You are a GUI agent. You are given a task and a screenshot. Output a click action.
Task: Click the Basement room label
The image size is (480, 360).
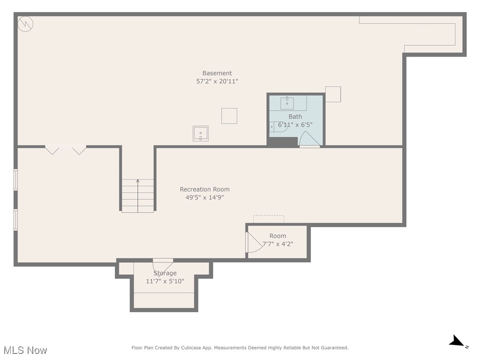point(217,73)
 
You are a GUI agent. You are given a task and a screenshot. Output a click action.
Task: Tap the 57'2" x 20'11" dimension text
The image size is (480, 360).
point(217,82)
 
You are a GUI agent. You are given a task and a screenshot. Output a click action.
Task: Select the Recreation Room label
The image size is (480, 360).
point(205,189)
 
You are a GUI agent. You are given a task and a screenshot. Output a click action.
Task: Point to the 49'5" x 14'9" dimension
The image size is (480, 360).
point(205,198)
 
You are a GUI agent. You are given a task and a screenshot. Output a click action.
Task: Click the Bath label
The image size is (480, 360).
point(295,117)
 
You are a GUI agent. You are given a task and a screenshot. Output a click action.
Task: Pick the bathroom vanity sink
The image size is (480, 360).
point(287,103)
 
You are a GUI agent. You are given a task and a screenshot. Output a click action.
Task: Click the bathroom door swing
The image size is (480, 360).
point(308,140)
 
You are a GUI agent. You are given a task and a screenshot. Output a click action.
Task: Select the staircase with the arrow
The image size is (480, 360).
point(138,195)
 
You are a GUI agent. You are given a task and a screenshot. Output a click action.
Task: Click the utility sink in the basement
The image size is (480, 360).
point(201,133)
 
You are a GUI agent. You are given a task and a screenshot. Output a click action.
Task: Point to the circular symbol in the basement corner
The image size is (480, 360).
point(25,23)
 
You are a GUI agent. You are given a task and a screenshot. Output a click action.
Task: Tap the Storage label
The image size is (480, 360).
point(165,273)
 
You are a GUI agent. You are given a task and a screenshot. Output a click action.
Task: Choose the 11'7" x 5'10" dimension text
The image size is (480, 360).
point(165,281)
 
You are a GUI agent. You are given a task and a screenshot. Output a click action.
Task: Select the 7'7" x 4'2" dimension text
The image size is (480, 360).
point(277,244)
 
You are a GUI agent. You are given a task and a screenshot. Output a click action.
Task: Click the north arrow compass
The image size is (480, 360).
point(457,342)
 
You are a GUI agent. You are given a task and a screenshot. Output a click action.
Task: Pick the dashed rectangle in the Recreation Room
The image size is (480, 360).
point(269,219)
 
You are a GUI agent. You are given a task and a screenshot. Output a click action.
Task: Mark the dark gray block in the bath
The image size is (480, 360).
point(283,142)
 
